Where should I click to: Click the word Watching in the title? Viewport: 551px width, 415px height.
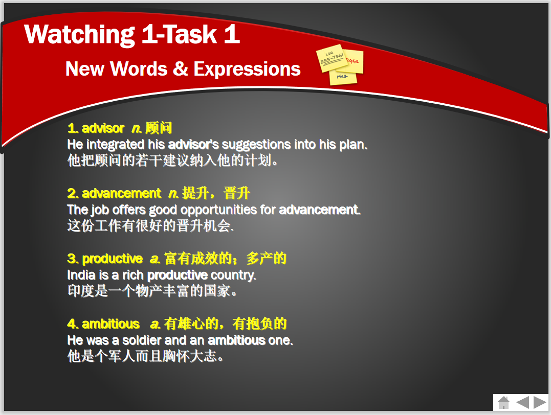point(80,35)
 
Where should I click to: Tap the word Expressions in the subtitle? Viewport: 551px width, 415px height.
point(247,69)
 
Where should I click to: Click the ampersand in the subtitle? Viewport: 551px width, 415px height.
point(180,68)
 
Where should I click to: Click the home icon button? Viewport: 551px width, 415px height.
point(503,402)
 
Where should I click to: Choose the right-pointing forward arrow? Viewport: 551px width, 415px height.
point(540,402)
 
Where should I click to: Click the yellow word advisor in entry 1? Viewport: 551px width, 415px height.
point(103,128)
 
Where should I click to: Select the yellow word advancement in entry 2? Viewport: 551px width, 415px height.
point(121,194)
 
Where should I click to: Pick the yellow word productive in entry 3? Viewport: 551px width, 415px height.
point(112,259)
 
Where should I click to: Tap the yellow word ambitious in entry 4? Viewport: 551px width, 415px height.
point(111,324)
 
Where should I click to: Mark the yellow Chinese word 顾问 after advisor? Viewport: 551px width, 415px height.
point(159,128)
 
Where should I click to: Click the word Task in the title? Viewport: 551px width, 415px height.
point(190,34)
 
